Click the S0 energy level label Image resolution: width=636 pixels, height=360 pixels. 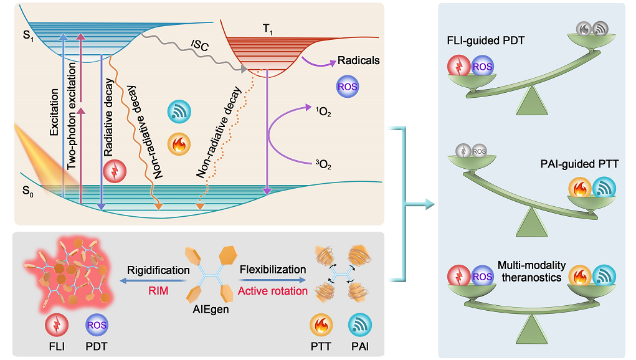[x=27, y=186]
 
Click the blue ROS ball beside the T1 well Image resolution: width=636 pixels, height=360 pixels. [x=347, y=88]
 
